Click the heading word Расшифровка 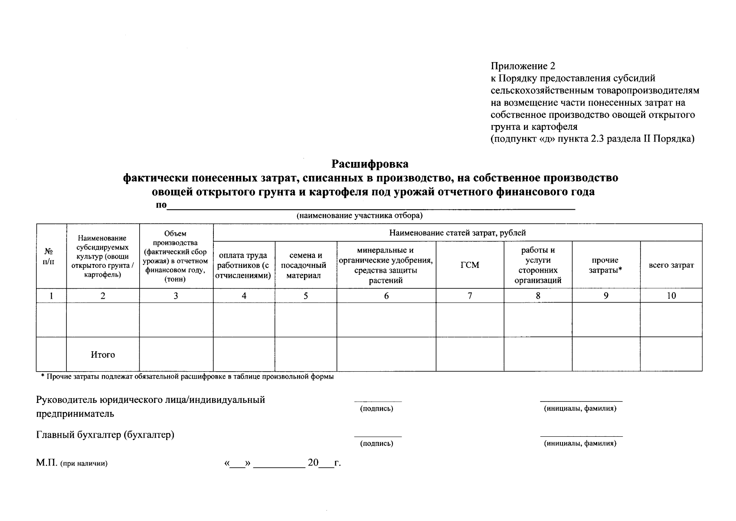tap(370, 164)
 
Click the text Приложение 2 tap(523, 66)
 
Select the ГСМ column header tap(470, 265)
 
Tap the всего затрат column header tap(671, 265)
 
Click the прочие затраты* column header tap(606, 265)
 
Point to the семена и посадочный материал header tap(306, 265)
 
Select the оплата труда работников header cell tap(244, 265)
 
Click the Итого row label tap(103, 355)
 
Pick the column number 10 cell tap(671, 296)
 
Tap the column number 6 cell tap(386, 296)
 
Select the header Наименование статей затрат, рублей tap(458, 233)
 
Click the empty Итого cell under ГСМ tap(470, 354)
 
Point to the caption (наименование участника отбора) tap(360, 216)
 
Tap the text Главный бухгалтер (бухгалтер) tap(105, 435)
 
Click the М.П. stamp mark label tap(71, 463)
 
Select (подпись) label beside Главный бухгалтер tap(377, 444)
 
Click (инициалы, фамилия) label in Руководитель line tap(580, 409)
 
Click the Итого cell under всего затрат tap(671, 354)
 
